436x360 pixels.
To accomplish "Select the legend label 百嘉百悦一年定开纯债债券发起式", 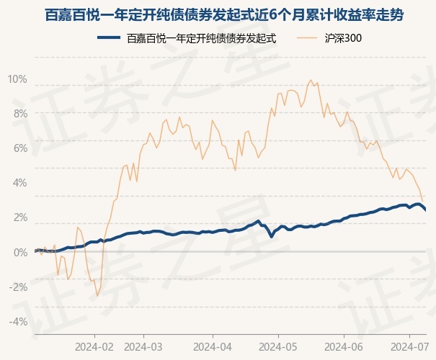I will pos(201,38).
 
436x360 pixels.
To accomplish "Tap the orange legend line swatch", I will pos(308,38).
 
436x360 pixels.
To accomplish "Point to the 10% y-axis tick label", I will pos(17,79).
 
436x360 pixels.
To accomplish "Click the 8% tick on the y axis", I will pos(19,114).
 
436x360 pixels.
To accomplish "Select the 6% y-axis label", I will pos(19,148).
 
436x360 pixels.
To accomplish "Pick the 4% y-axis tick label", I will pos(19,183).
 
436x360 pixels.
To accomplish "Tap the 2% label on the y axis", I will pos(19,217).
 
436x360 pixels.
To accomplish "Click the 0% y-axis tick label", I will pos(19,252).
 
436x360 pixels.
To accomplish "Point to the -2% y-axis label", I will pos(18,287).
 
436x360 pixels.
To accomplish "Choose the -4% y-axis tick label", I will pos(18,321).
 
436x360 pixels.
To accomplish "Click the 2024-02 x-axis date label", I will pos(94,346).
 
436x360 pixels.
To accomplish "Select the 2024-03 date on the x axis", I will pos(144,346).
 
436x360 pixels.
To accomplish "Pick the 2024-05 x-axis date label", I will pos(279,346).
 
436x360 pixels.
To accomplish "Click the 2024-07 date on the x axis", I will pos(408,346).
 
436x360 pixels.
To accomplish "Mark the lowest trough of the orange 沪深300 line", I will pos(97,296).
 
